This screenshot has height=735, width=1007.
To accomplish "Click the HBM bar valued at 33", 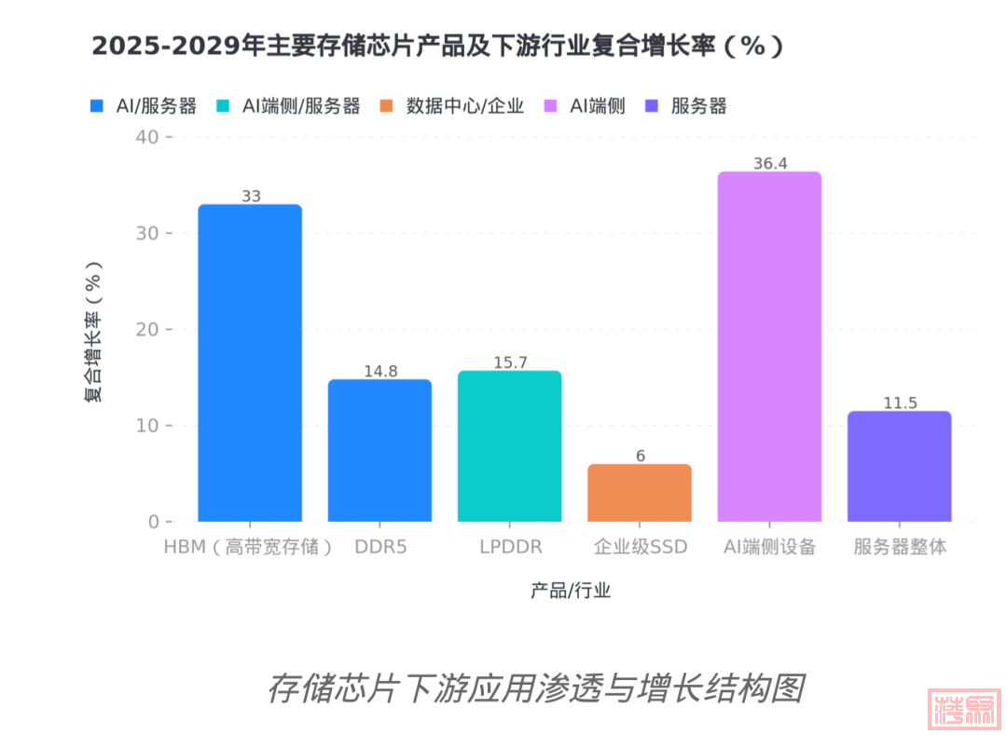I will pyautogui.click(x=250, y=362).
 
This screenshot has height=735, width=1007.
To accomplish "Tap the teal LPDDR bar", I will pyautogui.click(x=510, y=446).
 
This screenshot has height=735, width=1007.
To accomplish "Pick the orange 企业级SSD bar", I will pyautogui.click(x=640, y=493).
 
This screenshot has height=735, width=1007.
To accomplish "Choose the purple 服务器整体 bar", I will pyautogui.click(x=899, y=466).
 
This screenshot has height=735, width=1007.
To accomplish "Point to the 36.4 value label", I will pyautogui.click(x=770, y=164).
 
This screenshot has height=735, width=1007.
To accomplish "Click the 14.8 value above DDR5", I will pyautogui.click(x=380, y=372).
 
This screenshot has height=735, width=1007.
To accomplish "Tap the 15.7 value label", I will pyautogui.click(x=510, y=363).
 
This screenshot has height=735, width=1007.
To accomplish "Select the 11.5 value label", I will pyautogui.click(x=900, y=403).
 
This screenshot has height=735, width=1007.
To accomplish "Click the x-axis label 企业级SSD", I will pyautogui.click(x=640, y=547).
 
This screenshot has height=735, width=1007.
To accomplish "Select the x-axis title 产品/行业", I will pyautogui.click(x=571, y=590).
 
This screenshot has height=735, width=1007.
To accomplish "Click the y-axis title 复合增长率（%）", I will pyautogui.click(x=94, y=330).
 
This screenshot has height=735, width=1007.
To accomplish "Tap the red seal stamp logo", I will pyautogui.click(x=965, y=709).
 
